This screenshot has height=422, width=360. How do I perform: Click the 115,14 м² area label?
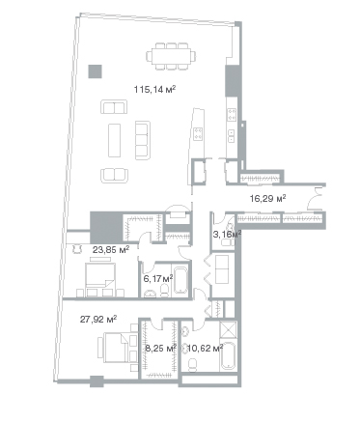click(154, 89)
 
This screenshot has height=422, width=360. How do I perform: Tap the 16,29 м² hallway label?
click(268, 198)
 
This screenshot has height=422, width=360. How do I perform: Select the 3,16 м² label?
click(227, 234)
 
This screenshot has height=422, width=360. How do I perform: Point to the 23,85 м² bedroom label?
click(111, 249)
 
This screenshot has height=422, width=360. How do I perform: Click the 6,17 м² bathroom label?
click(158, 278)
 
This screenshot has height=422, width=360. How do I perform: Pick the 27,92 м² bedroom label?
click(98, 320)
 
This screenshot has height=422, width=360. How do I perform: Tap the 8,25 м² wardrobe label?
click(160, 348)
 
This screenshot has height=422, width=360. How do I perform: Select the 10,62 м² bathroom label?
click(206, 348)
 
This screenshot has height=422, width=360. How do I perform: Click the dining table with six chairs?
click(171, 56)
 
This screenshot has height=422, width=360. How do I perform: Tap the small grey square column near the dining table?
click(96, 71)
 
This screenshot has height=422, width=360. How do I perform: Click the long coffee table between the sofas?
click(114, 140)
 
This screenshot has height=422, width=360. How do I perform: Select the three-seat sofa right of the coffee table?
click(143, 140)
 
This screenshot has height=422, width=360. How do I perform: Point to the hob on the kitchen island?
click(198, 133)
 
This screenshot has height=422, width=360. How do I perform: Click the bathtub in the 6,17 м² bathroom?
click(180, 278)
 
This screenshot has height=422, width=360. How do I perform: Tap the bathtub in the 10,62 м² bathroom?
click(229, 356)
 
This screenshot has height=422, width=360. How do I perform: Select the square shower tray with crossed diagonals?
click(228, 329)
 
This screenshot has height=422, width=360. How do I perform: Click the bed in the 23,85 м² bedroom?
click(100, 276)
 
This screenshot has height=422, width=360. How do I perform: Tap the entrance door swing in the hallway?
click(315, 199)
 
